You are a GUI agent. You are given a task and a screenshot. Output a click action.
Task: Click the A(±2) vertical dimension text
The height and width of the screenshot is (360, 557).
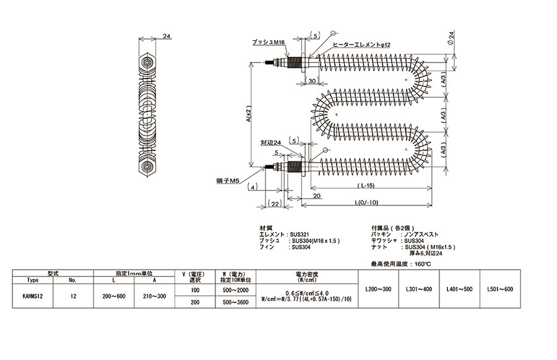248,115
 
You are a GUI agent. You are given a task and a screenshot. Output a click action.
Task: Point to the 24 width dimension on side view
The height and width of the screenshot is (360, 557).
166,37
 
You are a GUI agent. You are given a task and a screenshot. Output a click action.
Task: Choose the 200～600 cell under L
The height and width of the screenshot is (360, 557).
114,296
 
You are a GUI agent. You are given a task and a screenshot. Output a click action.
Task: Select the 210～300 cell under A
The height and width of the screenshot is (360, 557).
155,296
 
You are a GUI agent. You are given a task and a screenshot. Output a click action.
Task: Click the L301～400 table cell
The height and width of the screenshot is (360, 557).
419,289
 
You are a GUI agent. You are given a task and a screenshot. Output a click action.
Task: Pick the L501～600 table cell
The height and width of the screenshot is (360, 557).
501,289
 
